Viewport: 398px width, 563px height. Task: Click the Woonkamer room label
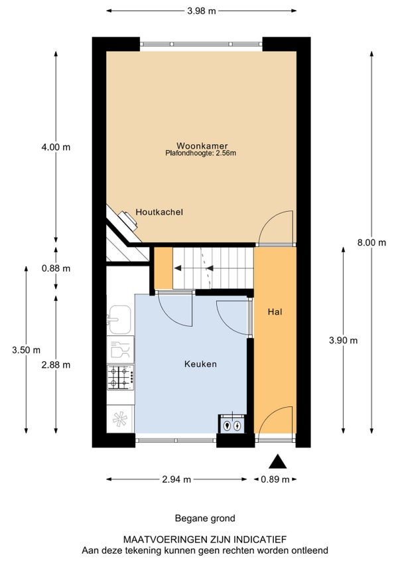coord(202,146)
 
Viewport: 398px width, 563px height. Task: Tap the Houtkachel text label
coord(159,212)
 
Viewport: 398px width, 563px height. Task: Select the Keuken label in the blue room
coord(200,364)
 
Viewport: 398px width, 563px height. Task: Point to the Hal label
coord(275,312)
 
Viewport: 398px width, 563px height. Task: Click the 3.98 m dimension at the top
coord(202,11)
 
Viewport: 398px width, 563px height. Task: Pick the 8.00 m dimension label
coord(371,243)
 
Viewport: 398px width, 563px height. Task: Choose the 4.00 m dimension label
coord(56,147)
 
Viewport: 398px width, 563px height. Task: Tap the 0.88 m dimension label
coord(56,269)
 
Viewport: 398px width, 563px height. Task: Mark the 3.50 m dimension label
coord(26,350)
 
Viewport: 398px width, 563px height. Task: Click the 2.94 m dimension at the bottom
coord(176,479)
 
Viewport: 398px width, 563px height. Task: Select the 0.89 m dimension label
coord(275,479)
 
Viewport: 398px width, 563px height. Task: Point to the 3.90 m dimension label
coord(344,341)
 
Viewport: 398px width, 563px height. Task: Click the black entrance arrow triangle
coord(278,461)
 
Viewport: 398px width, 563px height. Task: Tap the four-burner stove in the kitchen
coord(121,378)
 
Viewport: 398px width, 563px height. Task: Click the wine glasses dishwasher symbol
coord(121,350)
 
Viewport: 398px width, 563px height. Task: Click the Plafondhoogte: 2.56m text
coord(200,153)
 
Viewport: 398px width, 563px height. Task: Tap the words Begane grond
coord(205,519)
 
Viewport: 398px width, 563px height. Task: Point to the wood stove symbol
coord(129,219)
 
